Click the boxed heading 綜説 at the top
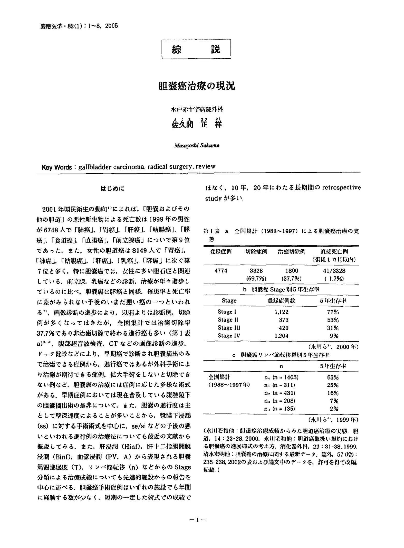196,49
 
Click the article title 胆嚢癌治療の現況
196,86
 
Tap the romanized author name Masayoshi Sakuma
197,146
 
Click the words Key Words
57,167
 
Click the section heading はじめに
112,189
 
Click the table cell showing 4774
221,271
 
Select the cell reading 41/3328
334,271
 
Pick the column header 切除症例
256,252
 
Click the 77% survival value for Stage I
333,312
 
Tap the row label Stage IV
229,336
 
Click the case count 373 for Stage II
284,320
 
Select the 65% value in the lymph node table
333,377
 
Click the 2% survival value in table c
334,409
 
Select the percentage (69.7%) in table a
256,279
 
